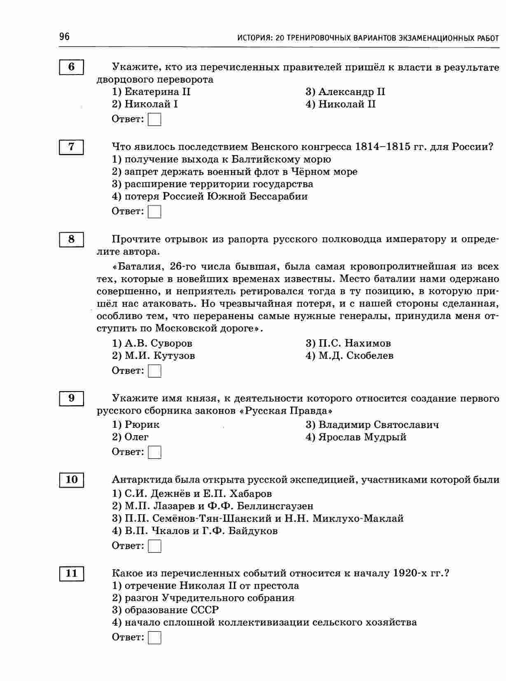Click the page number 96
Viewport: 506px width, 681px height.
point(65,37)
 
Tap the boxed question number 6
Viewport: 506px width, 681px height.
point(72,67)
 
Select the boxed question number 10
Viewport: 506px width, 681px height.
point(72,480)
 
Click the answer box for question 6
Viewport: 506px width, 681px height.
point(154,120)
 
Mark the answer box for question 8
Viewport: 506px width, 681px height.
point(154,371)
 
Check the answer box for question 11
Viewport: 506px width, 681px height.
point(154,638)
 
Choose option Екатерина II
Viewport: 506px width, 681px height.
point(151,92)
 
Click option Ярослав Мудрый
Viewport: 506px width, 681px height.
point(356,437)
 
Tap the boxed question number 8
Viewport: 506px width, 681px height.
point(72,239)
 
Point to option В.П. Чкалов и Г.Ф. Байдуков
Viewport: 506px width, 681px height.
point(195,531)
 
